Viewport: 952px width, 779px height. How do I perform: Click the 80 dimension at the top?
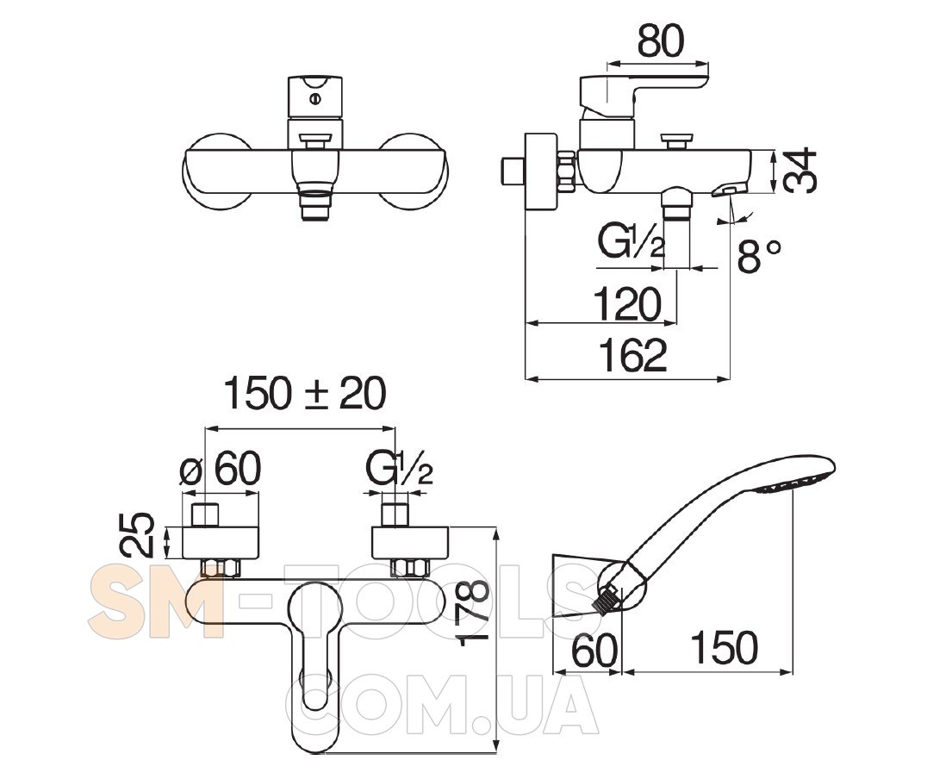[660, 41]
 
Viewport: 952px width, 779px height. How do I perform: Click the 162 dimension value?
[632, 355]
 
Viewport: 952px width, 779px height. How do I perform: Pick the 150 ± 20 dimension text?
[305, 394]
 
